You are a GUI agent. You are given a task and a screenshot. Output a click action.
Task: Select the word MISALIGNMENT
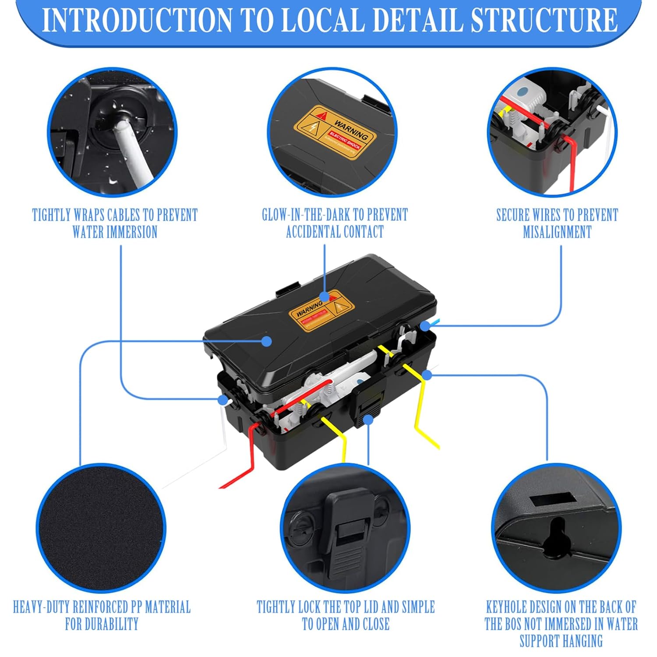(x=557, y=232)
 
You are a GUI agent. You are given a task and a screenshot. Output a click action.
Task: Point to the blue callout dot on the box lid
(x=266, y=341)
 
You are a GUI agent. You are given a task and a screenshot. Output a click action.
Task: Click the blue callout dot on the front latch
(x=368, y=420)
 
